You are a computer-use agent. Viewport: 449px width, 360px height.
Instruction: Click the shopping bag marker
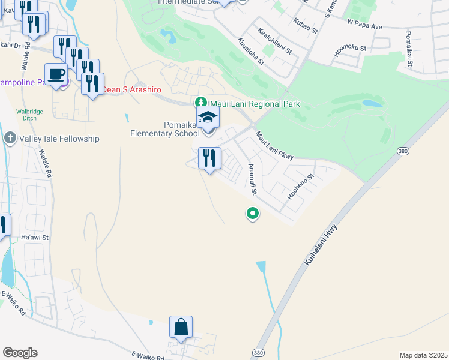coord(181,327)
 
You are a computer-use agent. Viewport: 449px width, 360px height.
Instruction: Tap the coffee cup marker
coord(56,74)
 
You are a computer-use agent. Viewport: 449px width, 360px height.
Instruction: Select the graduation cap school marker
coord(208,117)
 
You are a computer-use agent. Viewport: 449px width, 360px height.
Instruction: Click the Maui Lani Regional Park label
coord(255,104)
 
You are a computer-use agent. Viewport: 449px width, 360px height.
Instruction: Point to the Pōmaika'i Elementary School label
coord(165,128)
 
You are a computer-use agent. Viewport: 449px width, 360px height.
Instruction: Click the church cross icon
coord(10,139)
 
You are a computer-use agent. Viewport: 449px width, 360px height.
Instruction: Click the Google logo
coord(20,353)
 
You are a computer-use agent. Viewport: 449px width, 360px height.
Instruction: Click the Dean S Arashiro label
coord(132,89)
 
